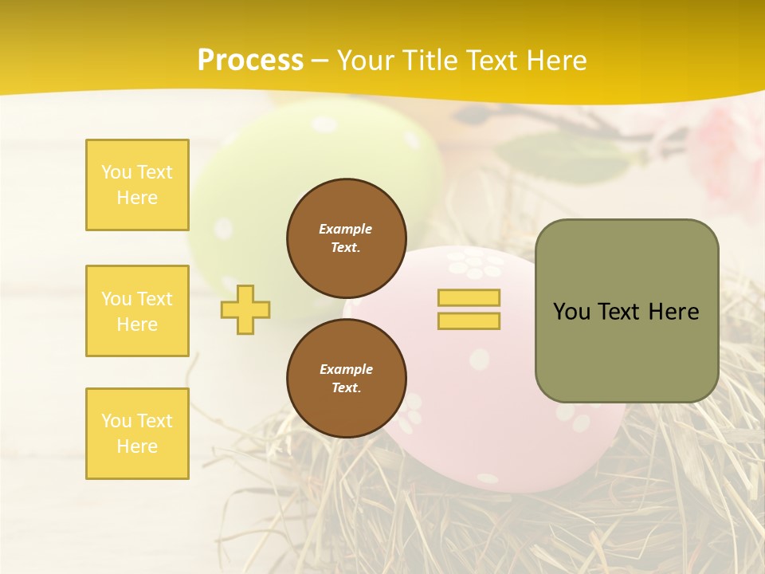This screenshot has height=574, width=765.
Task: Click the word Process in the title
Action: [250, 61]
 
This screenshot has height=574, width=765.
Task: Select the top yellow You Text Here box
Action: [137, 185]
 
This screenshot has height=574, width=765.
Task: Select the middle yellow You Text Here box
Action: [137, 311]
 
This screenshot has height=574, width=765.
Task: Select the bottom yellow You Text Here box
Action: [137, 434]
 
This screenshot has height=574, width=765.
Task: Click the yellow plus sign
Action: [245, 309]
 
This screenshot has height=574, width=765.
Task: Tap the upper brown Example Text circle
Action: [347, 238]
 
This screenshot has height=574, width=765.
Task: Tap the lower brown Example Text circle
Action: [347, 379]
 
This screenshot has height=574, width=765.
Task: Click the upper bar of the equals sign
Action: [469, 297]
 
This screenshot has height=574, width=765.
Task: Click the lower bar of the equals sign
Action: [469, 320]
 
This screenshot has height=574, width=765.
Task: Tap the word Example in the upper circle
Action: [346, 229]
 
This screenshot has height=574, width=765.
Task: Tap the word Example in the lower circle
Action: [346, 369]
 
